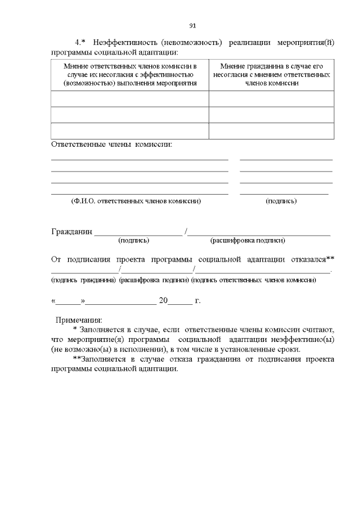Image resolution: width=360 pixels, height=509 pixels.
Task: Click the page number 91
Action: (192, 25)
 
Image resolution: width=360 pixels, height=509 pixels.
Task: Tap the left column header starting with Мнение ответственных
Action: (130, 74)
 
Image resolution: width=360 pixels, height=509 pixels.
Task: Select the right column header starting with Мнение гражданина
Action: (272, 74)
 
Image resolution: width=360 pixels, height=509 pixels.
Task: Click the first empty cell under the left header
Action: (130, 98)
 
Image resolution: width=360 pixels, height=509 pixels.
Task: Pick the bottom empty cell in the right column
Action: (272, 130)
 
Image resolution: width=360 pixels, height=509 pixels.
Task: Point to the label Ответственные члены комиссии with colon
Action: (111, 144)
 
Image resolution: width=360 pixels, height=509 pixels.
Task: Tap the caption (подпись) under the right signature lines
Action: (281, 201)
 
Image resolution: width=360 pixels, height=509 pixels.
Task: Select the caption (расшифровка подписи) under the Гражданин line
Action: (247, 241)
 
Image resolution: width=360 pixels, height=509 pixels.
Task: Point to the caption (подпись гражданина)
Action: (84, 280)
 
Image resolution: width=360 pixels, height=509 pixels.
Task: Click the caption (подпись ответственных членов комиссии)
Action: (253, 280)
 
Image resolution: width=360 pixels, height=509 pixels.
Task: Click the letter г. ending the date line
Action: (197, 300)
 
